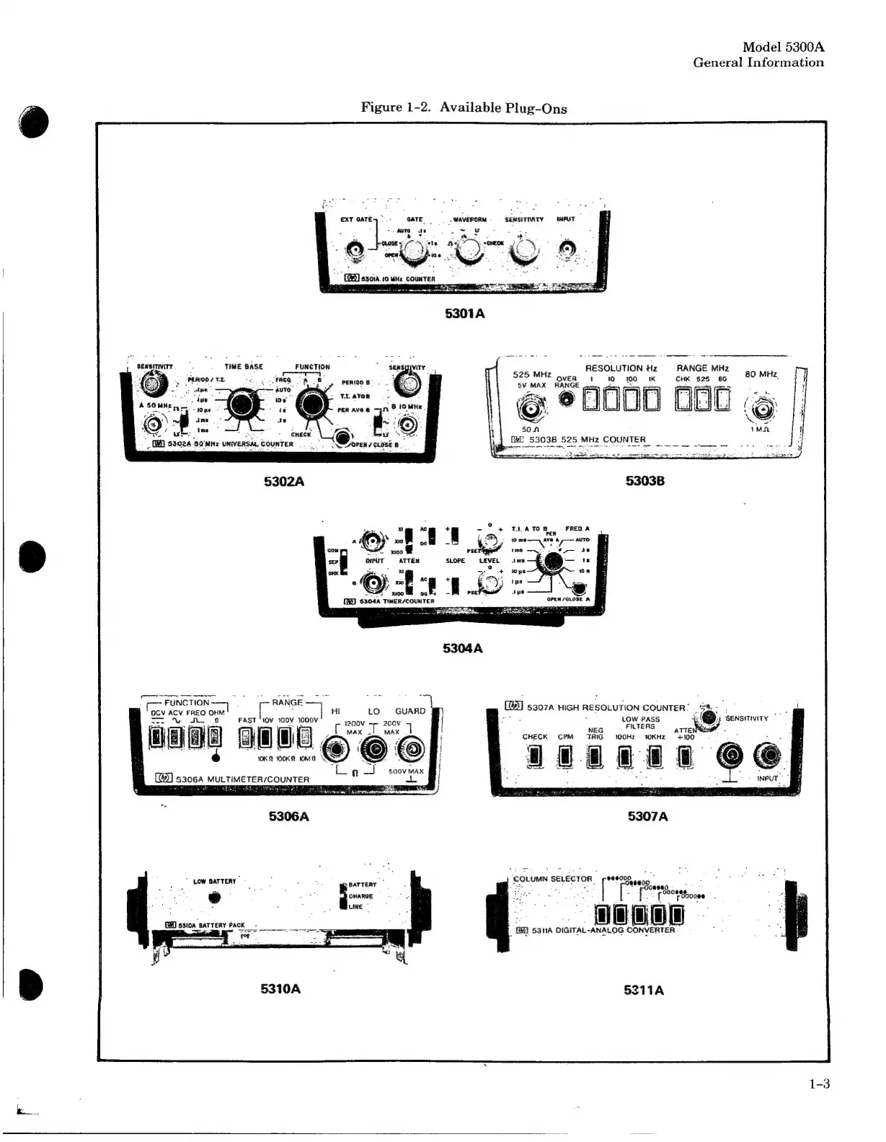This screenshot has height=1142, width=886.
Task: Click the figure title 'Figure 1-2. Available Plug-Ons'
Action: coord(464,108)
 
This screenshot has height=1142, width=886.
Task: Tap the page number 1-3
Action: coord(820,1084)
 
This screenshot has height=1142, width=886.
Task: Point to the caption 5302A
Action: coord(285,482)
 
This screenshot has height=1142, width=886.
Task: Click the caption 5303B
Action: coord(645,481)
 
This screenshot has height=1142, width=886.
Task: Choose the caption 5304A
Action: coord(463,648)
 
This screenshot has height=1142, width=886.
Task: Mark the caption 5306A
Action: coord(288,816)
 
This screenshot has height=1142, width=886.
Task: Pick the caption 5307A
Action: coord(647,816)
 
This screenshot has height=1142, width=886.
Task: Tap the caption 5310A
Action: coord(280,988)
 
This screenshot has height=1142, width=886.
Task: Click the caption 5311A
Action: coord(644,990)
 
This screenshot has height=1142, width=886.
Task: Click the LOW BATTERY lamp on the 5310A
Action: coord(214,898)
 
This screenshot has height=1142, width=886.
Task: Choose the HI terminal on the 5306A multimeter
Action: coord(335,751)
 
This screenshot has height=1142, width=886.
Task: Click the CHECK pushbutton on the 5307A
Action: coord(534,756)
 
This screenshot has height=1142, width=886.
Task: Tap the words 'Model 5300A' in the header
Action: coord(783,47)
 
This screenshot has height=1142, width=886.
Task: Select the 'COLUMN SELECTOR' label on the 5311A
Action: coord(552,879)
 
